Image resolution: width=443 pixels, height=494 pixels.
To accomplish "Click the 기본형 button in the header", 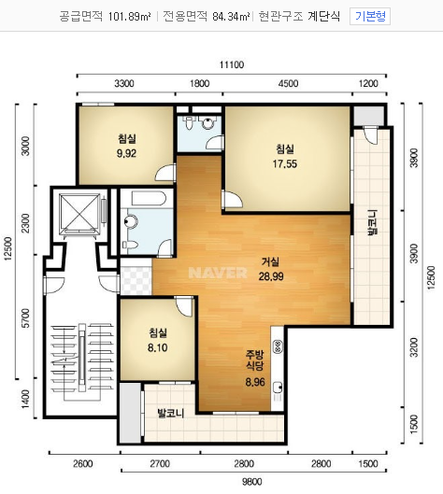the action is click(370, 16).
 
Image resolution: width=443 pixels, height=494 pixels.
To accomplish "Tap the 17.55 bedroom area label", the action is click(285, 163).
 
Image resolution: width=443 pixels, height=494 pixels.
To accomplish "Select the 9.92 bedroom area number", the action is click(126, 153).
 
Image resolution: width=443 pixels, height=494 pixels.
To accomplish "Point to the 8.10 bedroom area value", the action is click(158, 347).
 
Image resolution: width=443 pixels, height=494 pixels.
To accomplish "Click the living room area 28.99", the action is click(271, 276).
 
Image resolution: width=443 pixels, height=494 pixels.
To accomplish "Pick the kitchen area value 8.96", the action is click(255, 382).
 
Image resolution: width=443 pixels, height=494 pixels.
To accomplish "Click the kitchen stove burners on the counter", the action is click(278, 346).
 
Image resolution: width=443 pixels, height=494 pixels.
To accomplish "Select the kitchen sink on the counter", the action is click(278, 388).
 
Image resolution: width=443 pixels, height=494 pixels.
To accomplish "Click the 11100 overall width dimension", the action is click(232, 64).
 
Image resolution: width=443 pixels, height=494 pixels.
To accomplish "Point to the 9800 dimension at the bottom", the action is click(252, 482).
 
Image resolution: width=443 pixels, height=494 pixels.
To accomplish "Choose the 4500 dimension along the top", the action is click(288, 83).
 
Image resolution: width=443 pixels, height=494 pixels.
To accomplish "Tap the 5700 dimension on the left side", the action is click(26, 318).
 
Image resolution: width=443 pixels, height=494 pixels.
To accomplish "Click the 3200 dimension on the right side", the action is click(414, 347).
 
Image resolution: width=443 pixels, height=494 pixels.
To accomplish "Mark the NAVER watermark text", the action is click(218, 273).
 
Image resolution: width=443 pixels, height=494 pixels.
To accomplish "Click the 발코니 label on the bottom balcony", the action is click(171, 413).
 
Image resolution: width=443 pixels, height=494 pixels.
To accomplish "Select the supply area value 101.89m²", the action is click(129, 16).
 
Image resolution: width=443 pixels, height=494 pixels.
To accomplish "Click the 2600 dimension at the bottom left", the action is click(83, 464).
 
